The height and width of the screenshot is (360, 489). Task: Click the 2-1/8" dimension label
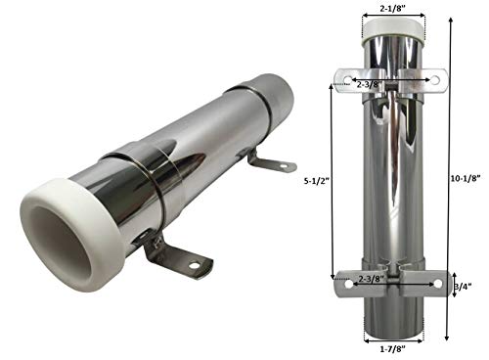coord(393,8)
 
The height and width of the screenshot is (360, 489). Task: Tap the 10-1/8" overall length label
coord(467,178)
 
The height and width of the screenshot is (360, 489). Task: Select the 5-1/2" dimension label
coord(315,181)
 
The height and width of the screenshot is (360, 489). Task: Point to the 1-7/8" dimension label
coord(392,349)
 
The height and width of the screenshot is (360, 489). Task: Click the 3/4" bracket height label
coord(463,286)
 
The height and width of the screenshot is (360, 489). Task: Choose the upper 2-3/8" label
coord(370,84)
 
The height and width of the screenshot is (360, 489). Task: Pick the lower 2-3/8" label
coord(371,279)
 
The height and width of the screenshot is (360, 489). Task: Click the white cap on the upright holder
coord(394,32)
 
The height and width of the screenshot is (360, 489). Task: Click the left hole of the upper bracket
coord(347,80)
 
